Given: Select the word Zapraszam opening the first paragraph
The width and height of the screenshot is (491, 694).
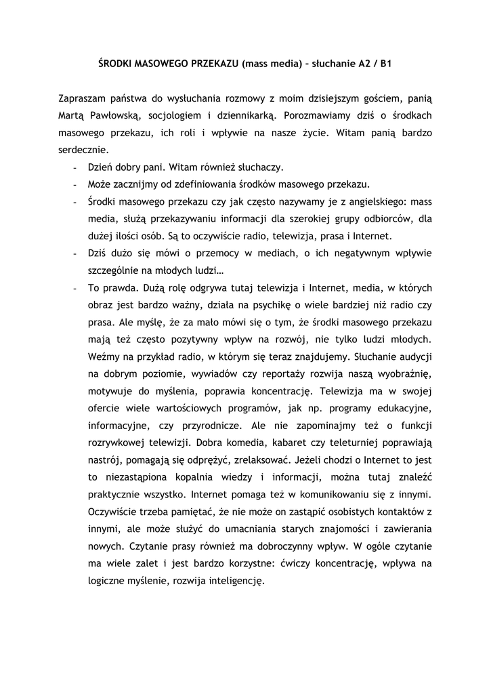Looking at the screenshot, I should (83, 99).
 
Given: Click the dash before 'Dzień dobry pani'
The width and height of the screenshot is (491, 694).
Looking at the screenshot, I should (74, 167).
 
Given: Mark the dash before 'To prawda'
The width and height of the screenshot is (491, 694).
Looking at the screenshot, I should (74, 289).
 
